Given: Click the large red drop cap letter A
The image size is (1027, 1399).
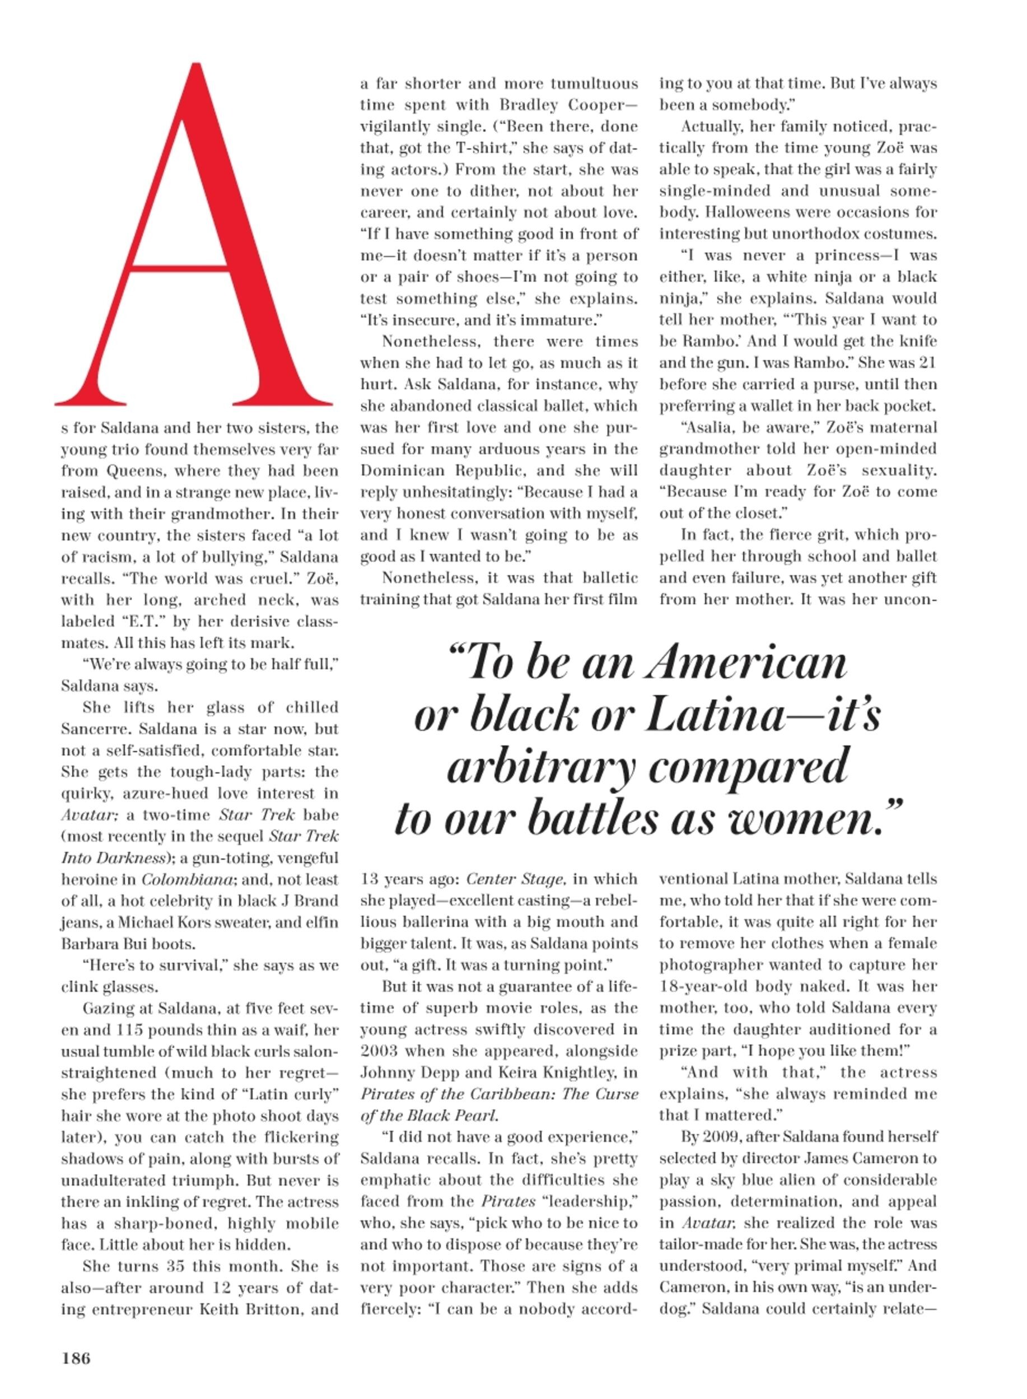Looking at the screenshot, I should (x=193, y=249).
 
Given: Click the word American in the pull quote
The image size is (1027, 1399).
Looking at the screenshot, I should (x=745, y=664).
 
